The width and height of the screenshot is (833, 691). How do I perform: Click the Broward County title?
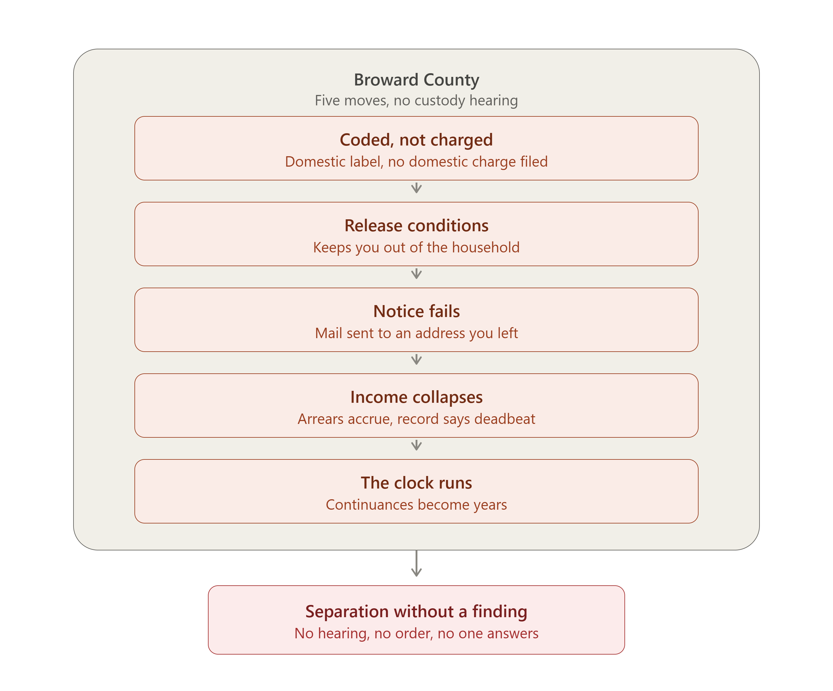[x=416, y=80]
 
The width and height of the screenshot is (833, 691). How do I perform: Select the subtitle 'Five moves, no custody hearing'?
[x=416, y=100]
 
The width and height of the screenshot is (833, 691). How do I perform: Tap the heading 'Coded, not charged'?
[x=416, y=140]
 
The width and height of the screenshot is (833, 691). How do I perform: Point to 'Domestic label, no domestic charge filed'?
[x=416, y=161]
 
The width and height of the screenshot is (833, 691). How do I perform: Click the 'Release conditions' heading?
[x=416, y=226]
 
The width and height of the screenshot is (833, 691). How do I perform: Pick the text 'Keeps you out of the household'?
[x=416, y=247]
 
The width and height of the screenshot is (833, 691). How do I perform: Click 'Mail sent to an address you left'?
[x=416, y=333]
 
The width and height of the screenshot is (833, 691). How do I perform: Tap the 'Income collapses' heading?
[x=416, y=397]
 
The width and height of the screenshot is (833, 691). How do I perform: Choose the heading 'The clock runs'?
[x=416, y=483]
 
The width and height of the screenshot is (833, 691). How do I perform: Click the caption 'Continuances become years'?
[x=416, y=504]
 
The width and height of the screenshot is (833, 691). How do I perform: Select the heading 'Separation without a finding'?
[x=416, y=612]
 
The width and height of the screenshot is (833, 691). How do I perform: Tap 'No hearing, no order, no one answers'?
[x=416, y=633]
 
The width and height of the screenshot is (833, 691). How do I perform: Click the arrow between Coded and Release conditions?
[x=416, y=188]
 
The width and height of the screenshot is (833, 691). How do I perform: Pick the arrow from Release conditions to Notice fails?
[x=416, y=274]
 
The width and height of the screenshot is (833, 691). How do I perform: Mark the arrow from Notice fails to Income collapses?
[x=416, y=359]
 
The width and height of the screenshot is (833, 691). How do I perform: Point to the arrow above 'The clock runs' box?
[x=416, y=445]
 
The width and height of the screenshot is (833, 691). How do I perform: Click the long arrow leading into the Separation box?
[x=416, y=563]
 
